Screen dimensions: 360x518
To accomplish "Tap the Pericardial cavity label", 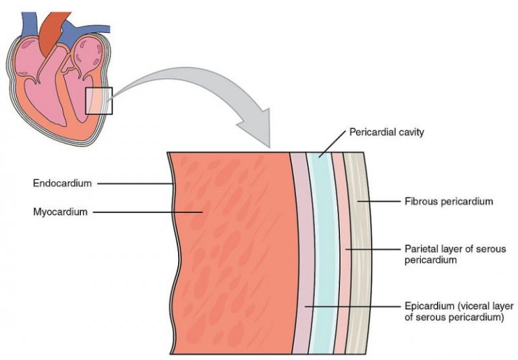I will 386,132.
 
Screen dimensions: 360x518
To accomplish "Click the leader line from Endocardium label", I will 135,183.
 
